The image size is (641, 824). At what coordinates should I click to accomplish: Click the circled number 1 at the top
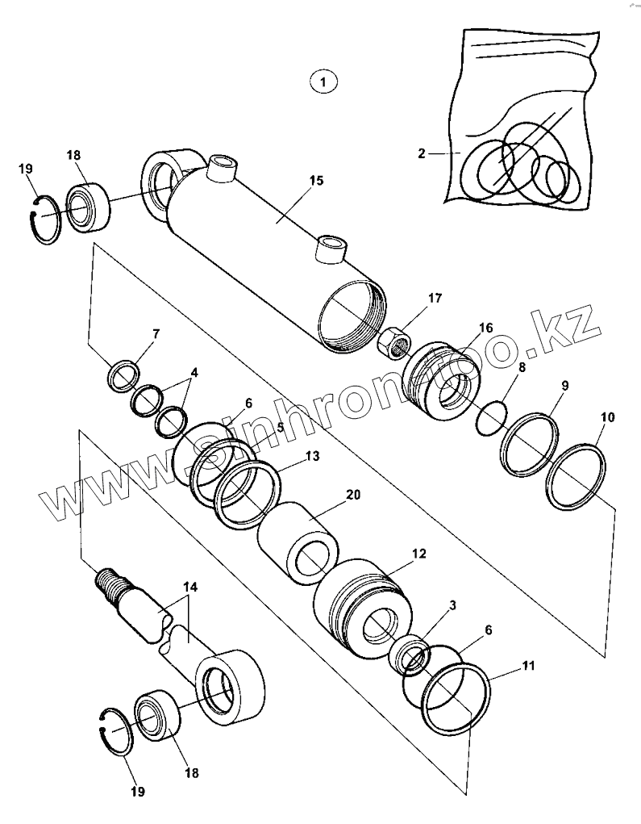tap(323, 81)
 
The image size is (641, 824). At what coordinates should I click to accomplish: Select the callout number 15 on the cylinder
tap(316, 180)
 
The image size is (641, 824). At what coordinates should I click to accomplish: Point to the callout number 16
tap(485, 327)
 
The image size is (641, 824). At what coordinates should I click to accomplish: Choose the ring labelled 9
tap(529, 443)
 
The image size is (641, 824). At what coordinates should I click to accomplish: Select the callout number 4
tap(193, 374)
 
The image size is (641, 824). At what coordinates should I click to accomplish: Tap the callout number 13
tap(312, 456)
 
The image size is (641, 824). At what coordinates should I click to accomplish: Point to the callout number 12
tap(418, 554)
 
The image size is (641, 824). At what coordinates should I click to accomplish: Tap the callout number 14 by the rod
tap(188, 587)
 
